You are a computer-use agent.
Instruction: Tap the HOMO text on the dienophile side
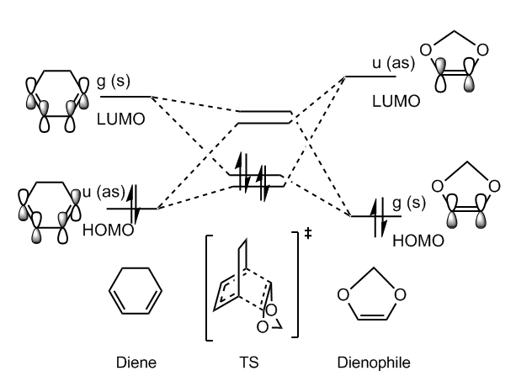pyautogui.click(x=388, y=239)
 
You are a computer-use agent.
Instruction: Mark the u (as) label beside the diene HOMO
pyautogui.click(x=101, y=193)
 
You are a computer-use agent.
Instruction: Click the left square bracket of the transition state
pyautogui.click(x=209, y=286)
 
